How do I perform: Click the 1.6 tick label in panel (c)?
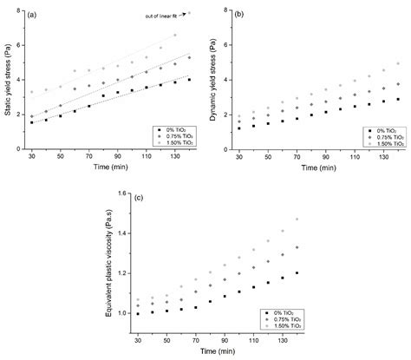tap(122, 193)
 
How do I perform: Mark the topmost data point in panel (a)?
tap(189, 13)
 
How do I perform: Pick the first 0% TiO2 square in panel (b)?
tap(240, 128)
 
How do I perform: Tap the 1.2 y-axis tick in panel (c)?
tap(122, 273)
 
